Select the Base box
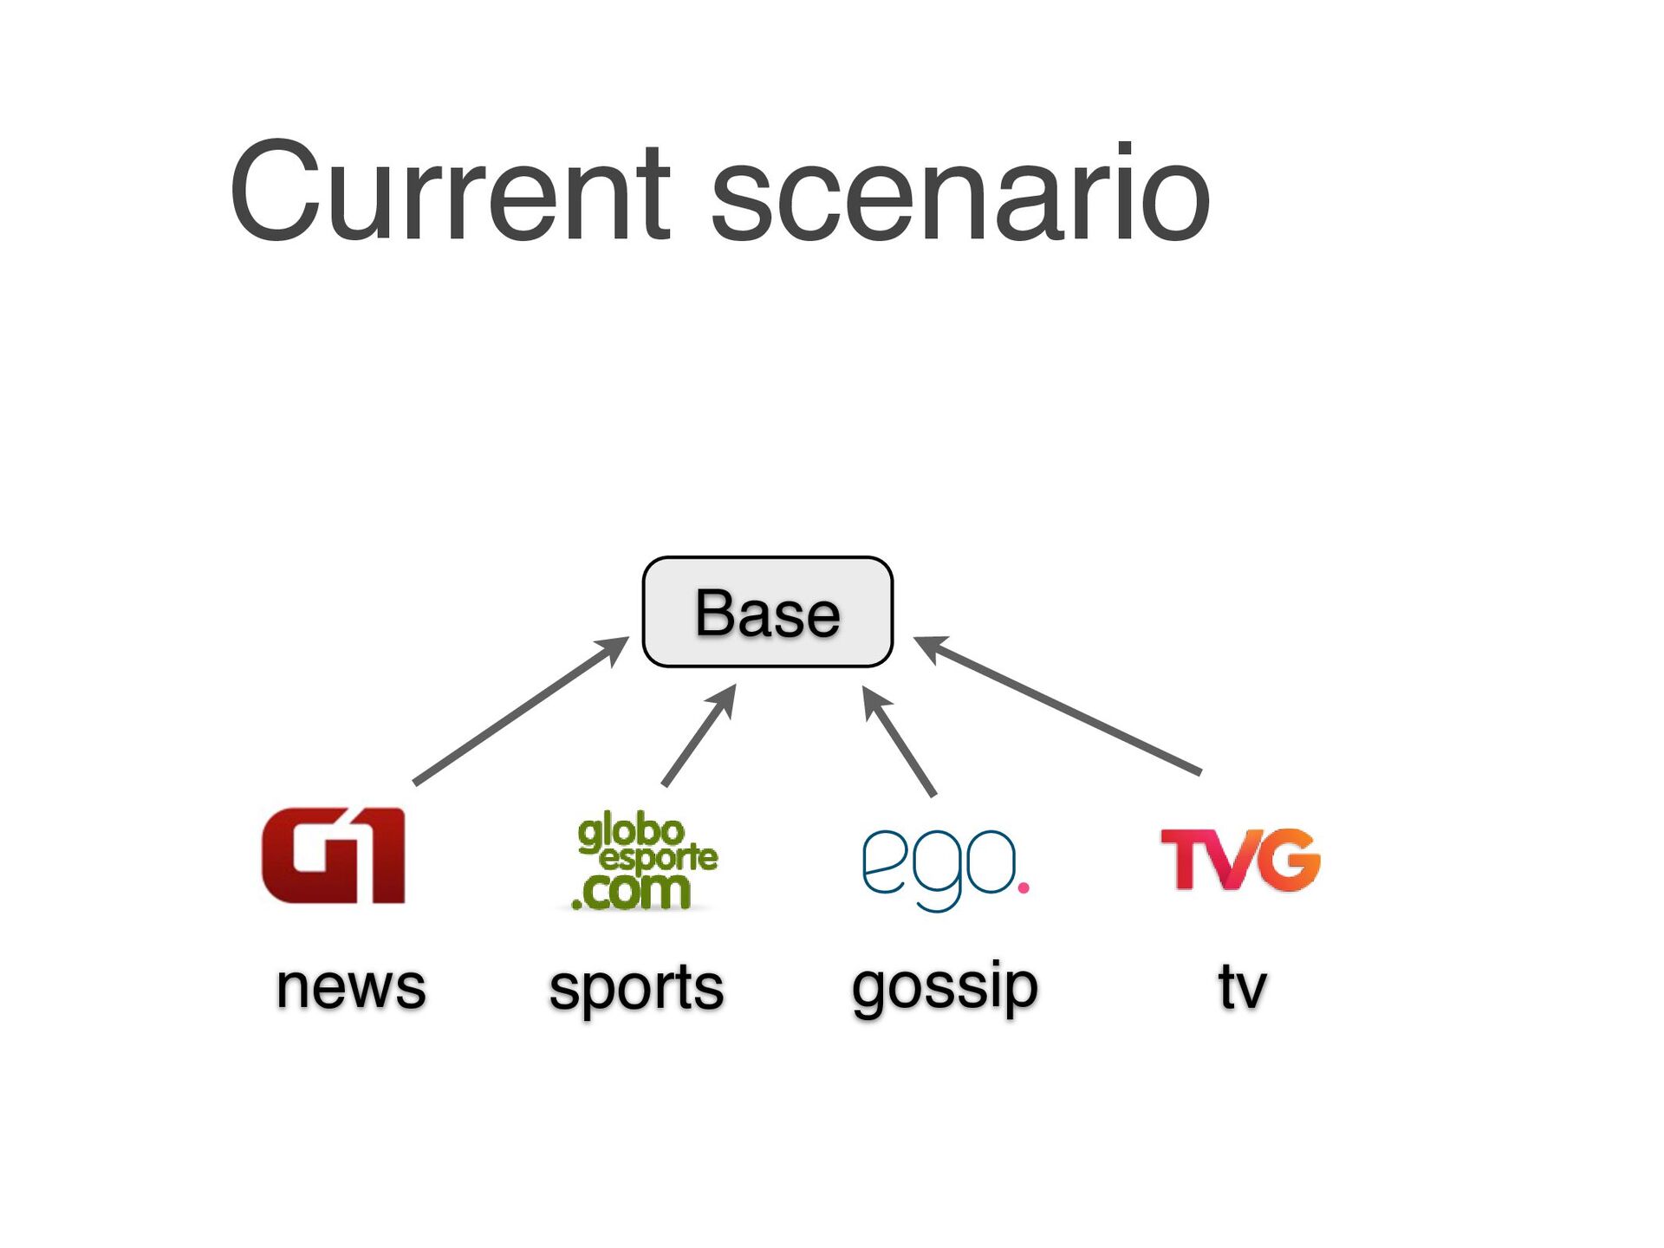tap(767, 612)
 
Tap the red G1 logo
tap(334, 855)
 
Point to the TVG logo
tap(1240, 859)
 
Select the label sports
tap(636, 988)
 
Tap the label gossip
tap(945, 988)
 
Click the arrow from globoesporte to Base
tap(699, 736)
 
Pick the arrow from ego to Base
tap(900, 742)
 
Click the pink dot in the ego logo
tap(1024, 887)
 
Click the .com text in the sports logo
tap(633, 892)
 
